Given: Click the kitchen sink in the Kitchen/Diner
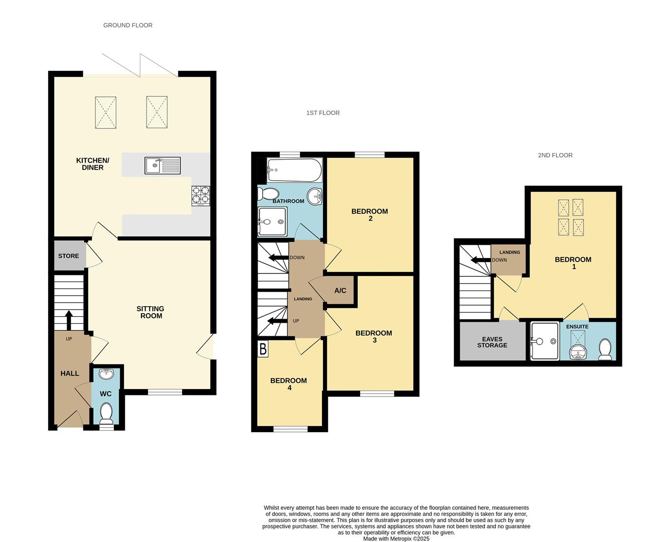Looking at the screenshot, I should click(x=162, y=165).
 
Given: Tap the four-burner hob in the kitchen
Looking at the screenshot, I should click(x=201, y=196).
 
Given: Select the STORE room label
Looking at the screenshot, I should click(x=69, y=256).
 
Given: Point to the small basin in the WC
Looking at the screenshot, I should click(x=106, y=374).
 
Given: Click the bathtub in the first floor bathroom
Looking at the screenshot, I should click(x=294, y=170).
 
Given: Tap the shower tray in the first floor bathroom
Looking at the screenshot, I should click(x=272, y=221).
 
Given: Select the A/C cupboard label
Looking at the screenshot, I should click(x=340, y=291).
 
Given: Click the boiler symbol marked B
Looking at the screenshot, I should click(x=263, y=349).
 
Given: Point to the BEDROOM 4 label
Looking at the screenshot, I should click(x=288, y=384).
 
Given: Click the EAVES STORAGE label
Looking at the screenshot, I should click(x=492, y=342).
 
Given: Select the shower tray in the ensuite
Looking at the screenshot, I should click(x=545, y=341).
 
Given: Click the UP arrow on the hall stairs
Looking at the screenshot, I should click(x=69, y=320).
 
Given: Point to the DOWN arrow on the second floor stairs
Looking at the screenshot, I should click(x=477, y=260).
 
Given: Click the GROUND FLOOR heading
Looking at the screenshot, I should click(x=128, y=25).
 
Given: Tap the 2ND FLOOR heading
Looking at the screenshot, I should click(x=555, y=156).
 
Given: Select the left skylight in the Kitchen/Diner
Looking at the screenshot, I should click(x=106, y=112).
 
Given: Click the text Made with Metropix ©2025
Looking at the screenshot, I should click(x=396, y=539).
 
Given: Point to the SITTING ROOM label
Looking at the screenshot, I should click(x=150, y=312).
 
